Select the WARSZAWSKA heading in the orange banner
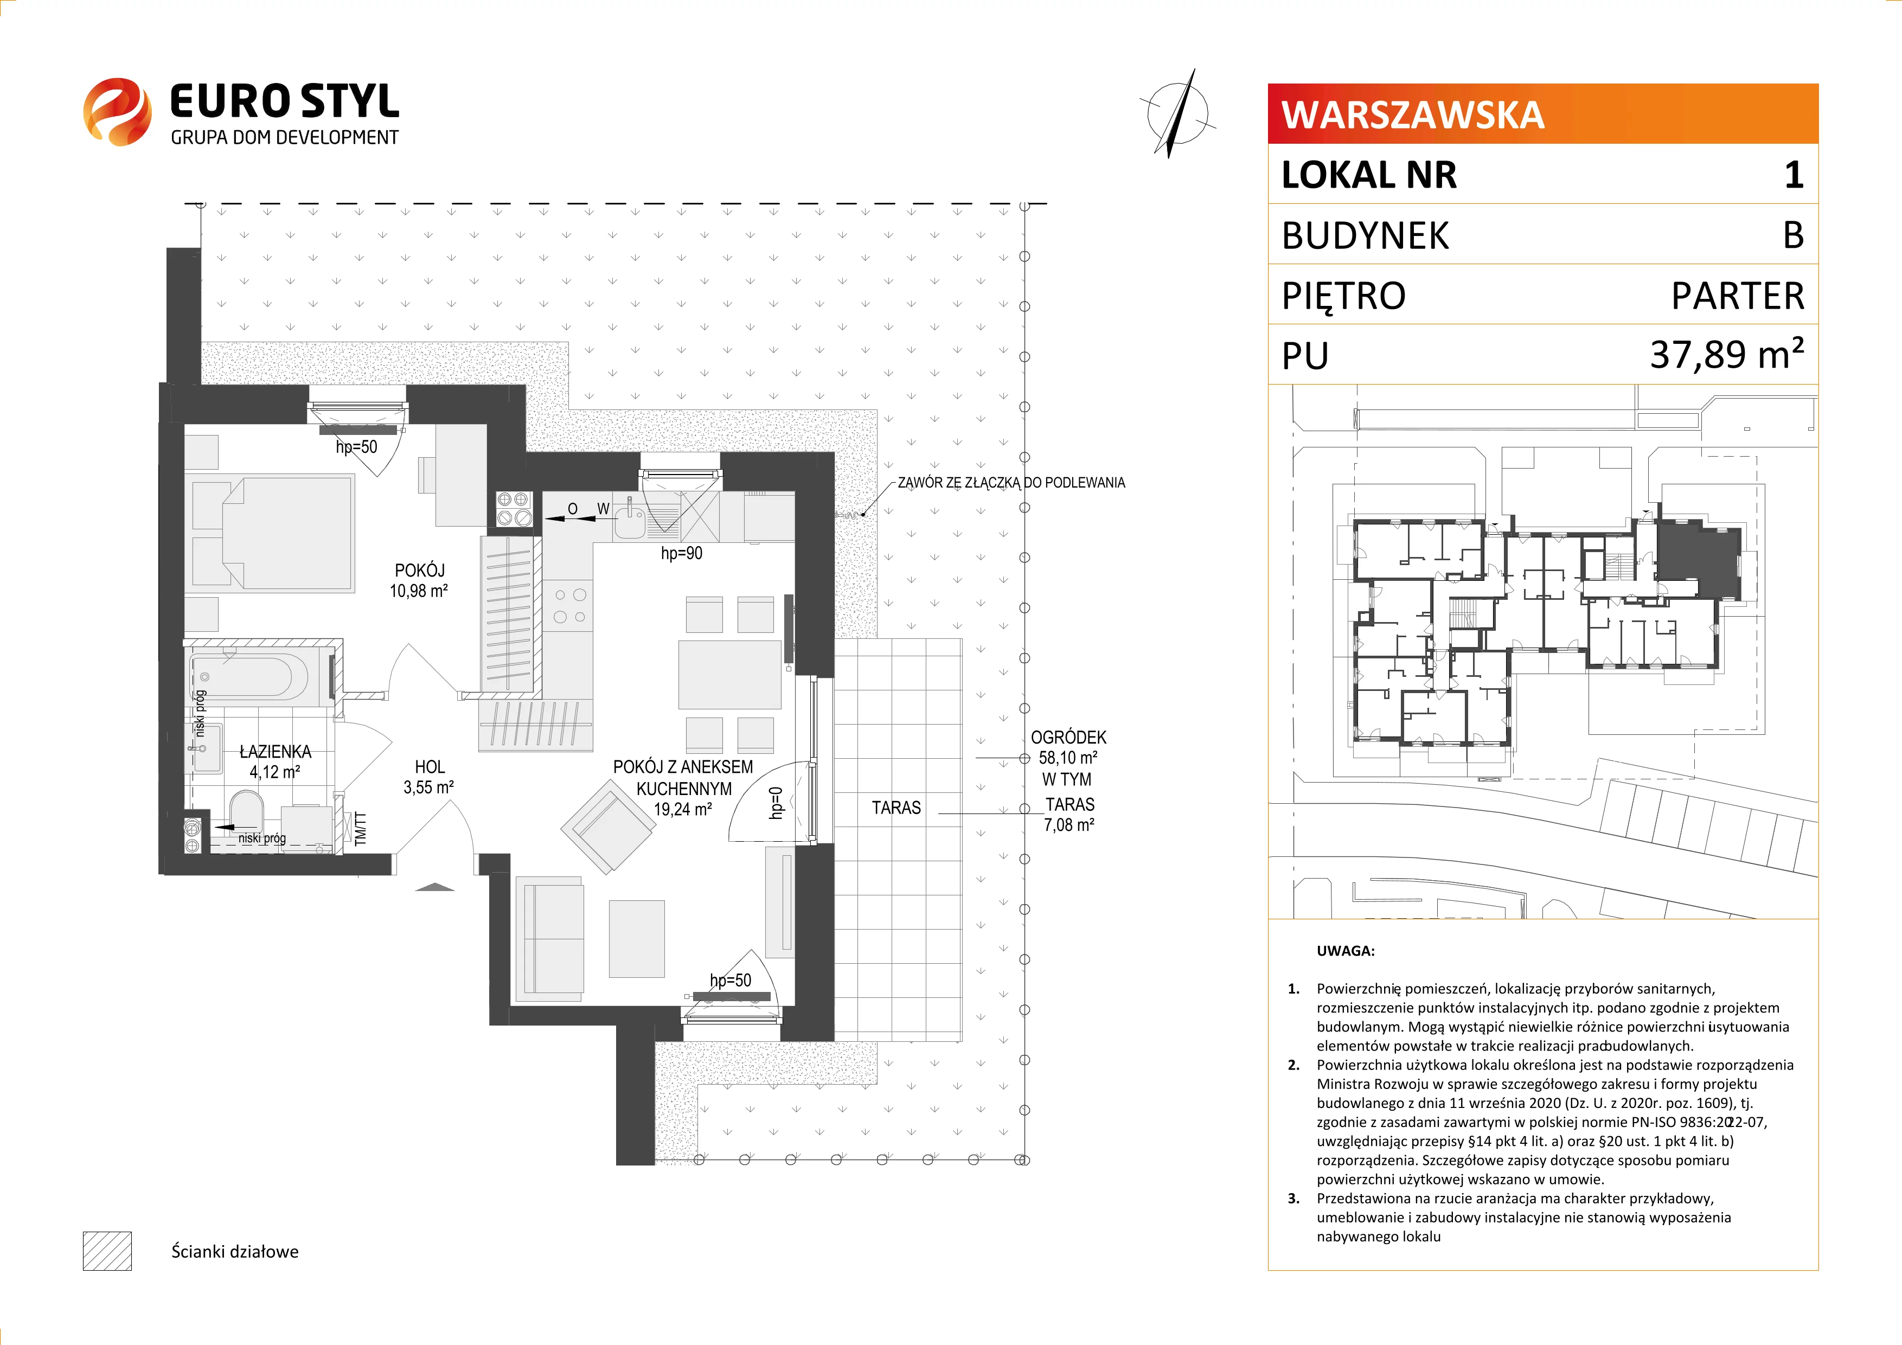pos(1412,114)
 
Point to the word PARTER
pos(1737,296)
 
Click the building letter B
pos(1792,235)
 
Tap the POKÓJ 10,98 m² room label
pos(419,580)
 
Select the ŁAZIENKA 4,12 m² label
pos(275,761)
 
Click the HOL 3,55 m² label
pos(429,777)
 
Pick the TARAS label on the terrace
pos(895,808)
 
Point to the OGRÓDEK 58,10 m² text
pos(1068,747)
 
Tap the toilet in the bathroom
pos(245,809)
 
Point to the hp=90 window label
pos(681,553)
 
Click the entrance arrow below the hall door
pos(435,887)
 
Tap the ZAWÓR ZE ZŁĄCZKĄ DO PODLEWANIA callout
pos(1010,483)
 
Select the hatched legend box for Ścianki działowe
pos(107,1251)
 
